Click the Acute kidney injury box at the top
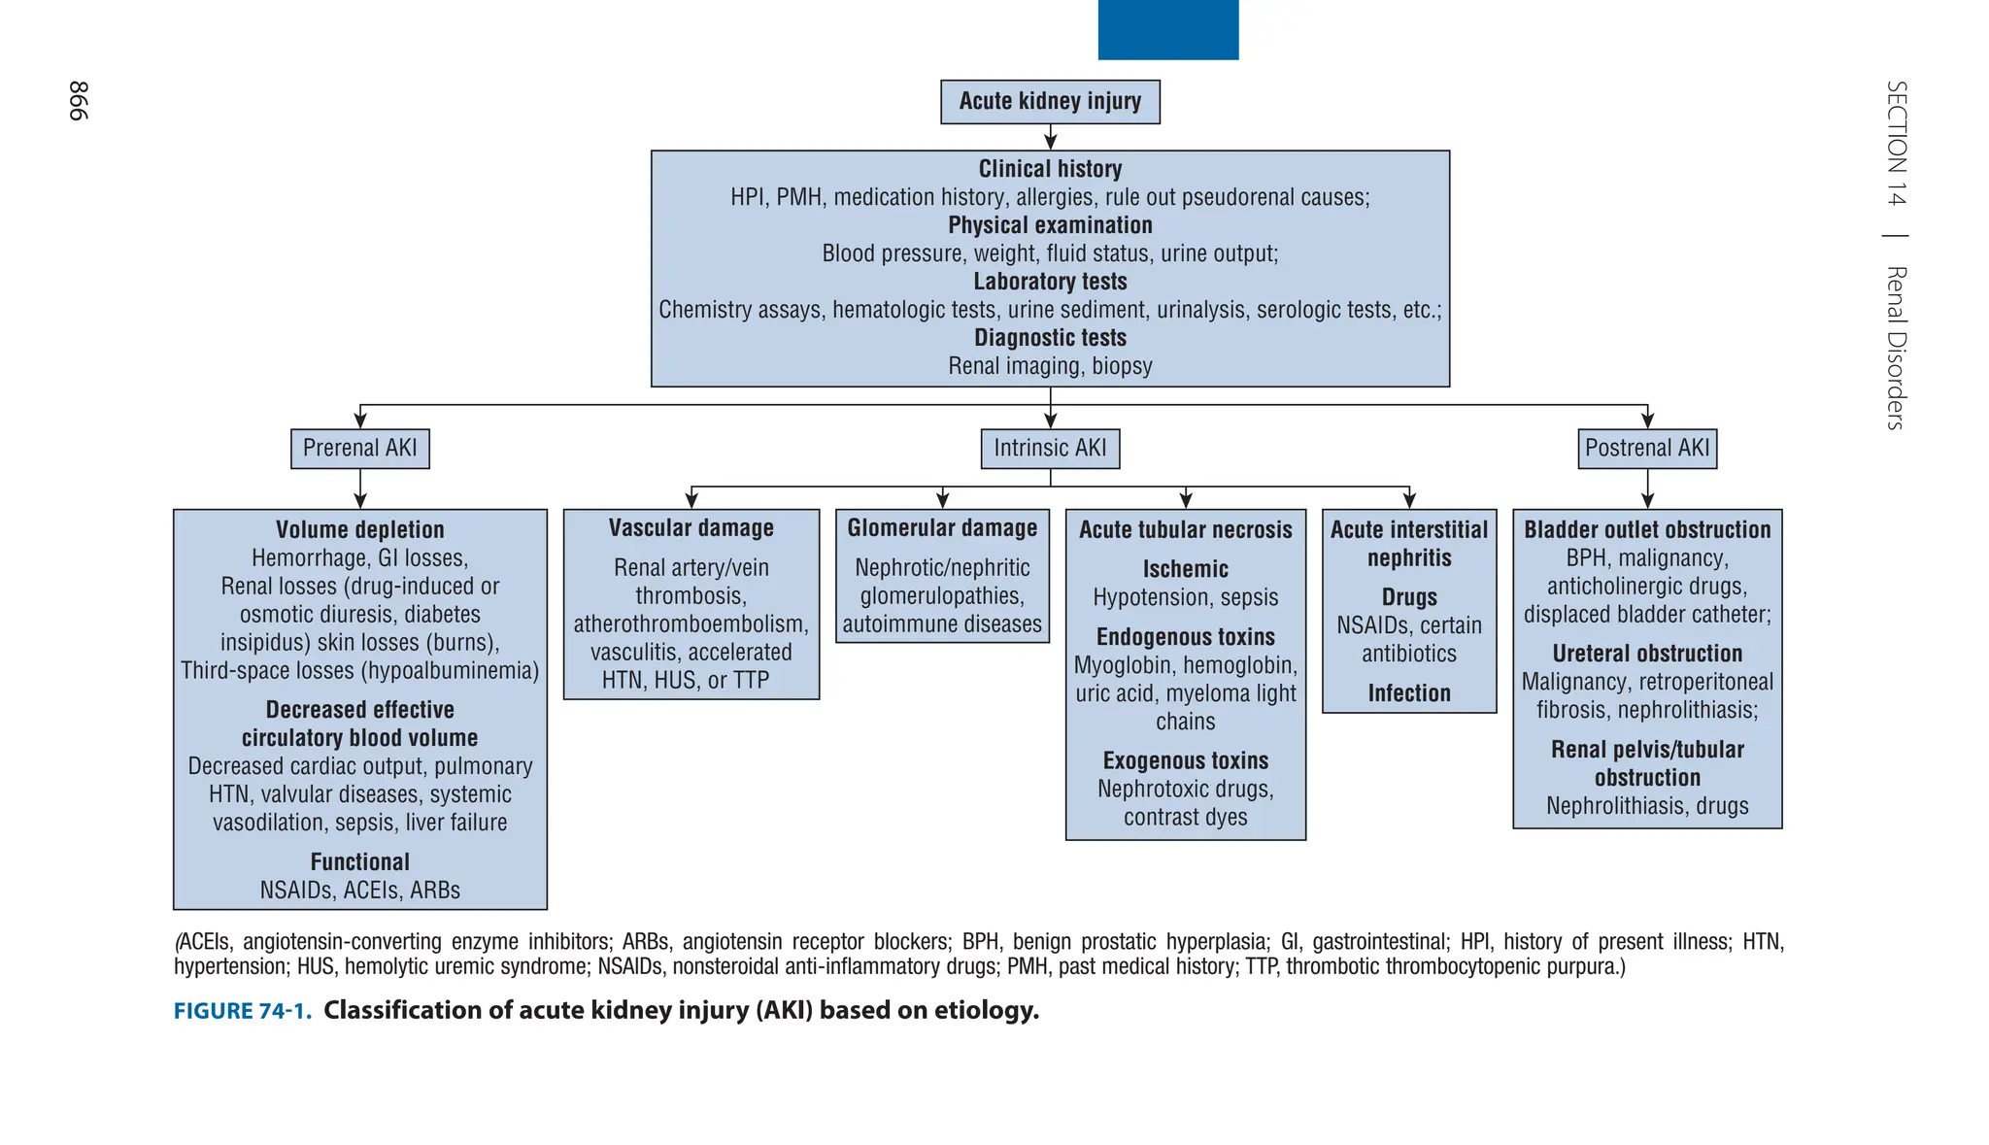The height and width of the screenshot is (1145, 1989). pyautogui.click(x=1050, y=102)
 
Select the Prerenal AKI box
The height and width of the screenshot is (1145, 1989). pyautogui.click(x=359, y=449)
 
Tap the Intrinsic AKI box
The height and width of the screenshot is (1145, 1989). pyautogui.click(x=1050, y=449)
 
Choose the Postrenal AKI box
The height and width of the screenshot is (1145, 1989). pyautogui.click(x=1647, y=449)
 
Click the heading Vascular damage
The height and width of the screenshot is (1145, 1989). pyautogui.click(x=691, y=528)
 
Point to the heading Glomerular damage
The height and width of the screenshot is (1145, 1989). pyautogui.click(x=942, y=528)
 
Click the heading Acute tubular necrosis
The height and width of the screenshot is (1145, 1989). pyautogui.click(x=1185, y=530)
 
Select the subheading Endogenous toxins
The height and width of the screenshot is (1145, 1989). pyautogui.click(x=1185, y=637)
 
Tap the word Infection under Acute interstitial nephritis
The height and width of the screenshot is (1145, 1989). pyautogui.click(x=1409, y=693)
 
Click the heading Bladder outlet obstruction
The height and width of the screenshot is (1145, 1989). pyautogui.click(x=1647, y=530)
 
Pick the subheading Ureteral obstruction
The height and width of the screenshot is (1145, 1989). pyautogui.click(x=1647, y=654)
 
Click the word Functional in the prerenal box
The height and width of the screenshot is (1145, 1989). pyautogui.click(x=359, y=862)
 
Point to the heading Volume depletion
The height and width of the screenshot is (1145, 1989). pyautogui.click(x=359, y=530)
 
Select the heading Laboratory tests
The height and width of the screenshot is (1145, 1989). pyautogui.click(x=1050, y=282)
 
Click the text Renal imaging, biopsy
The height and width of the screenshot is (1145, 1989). pyautogui.click(x=1050, y=366)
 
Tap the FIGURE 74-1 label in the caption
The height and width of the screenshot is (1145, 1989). pyautogui.click(x=243, y=1011)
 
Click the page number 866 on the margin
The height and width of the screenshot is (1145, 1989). pyautogui.click(x=79, y=101)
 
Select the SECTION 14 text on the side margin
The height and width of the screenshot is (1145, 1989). pyautogui.click(x=1896, y=143)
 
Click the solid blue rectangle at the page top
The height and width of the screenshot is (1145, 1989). pyautogui.click(x=1167, y=29)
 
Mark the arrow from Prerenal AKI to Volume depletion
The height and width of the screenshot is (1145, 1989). pyautogui.click(x=360, y=489)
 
